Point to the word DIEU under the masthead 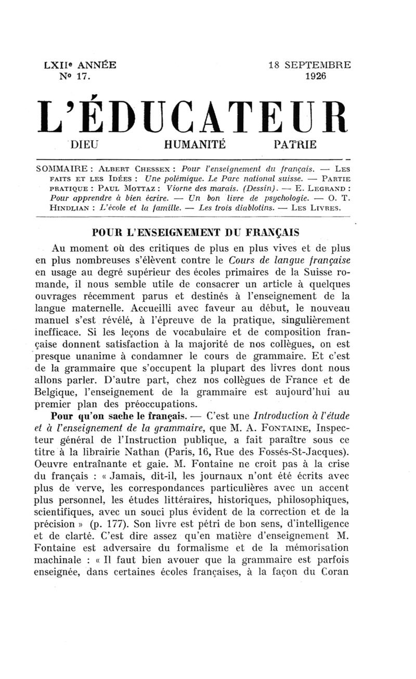coord(85,144)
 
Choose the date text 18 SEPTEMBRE coord(309,66)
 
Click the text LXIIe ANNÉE coord(81,66)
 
